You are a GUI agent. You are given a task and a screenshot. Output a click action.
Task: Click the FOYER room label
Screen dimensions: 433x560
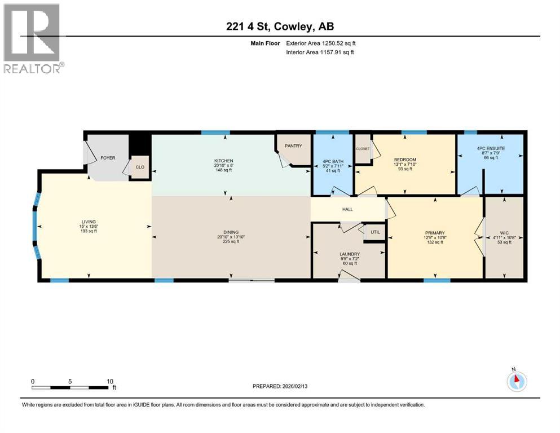108,158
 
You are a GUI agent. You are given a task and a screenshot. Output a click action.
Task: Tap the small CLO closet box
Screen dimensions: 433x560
140,167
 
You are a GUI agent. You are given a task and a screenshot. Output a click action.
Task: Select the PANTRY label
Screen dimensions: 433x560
293,146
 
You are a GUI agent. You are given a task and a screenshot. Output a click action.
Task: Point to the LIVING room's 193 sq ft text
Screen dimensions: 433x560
89,231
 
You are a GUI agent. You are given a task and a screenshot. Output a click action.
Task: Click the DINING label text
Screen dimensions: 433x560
231,232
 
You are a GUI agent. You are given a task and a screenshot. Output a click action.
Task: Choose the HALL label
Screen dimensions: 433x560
347,209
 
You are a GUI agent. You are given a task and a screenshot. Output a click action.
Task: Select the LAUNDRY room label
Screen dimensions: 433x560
350,254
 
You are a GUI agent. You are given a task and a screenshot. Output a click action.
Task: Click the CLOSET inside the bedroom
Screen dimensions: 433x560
362,149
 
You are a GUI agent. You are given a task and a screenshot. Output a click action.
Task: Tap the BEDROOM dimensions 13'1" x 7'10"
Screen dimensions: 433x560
405,164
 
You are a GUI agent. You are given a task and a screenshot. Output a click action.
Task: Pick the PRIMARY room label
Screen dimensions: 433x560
435,233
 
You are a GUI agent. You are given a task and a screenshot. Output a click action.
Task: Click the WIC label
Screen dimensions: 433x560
504,233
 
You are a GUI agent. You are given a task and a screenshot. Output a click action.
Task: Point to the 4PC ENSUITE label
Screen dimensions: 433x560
490,147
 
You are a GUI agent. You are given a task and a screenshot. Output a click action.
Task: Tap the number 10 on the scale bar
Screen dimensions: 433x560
110,381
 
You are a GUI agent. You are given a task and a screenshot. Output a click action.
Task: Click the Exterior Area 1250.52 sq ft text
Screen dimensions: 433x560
320,43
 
